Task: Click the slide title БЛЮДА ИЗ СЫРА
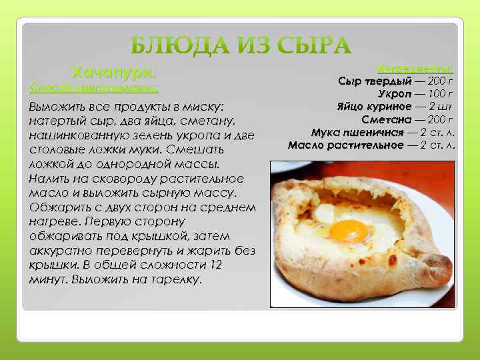click(240, 46)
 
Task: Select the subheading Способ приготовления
click(94, 87)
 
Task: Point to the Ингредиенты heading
click(415, 69)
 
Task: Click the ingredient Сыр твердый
click(375, 81)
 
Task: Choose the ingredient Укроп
click(395, 94)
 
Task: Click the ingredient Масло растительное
click(345, 145)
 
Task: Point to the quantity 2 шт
click(441, 107)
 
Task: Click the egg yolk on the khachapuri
click(349, 231)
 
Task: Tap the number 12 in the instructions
click(215, 265)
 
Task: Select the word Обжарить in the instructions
click(57, 208)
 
